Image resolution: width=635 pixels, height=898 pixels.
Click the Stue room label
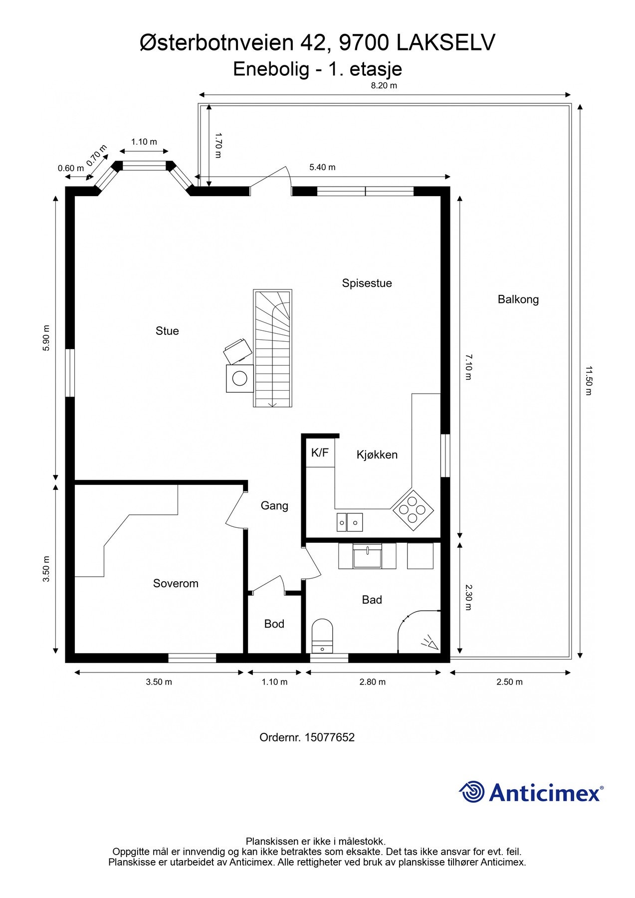pyautogui.click(x=167, y=331)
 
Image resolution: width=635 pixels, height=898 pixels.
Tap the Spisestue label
pyautogui.click(x=367, y=283)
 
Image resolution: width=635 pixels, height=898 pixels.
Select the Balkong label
pyautogui.click(x=518, y=299)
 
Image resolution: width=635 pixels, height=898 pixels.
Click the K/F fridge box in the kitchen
pyautogui.click(x=320, y=453)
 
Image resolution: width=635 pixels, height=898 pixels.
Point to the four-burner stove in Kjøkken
pyautogui.click(x=413, y=510)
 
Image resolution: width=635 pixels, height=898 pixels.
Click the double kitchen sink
pyautogui.click(x=349, y=522)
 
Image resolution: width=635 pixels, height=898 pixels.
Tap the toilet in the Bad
pyautogui.click(x=322, y=636)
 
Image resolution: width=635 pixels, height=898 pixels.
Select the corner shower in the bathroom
pyautogui.click(x=419, y=631)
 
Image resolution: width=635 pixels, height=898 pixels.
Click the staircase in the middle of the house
pyautogui.click(x=272, y=348)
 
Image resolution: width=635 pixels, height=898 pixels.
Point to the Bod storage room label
pyautogui.click(x=274, y=624)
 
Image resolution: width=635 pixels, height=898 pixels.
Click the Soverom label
pyautogui.click(x=176, y=583)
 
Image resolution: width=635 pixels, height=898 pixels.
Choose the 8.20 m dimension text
pyautogui.click(x=384, y=85)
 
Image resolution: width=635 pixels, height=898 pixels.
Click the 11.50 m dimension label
pyautogui.click(x=589, y=381)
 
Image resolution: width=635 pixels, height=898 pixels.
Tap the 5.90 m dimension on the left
pyautogui.click(x=46, y=338)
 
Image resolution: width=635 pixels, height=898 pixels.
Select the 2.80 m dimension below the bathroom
pyautogui.click(x=373, y=682)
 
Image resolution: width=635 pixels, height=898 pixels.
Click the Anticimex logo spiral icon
pyautogui.click(x=472, y=792)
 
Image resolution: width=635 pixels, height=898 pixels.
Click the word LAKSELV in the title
pyautogui.click(x=446, y=43)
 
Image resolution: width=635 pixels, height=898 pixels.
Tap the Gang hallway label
pyautogui.click(x=274, y=506)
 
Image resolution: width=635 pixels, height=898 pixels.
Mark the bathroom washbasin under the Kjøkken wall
pyautogui.click(x=368, y=556)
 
